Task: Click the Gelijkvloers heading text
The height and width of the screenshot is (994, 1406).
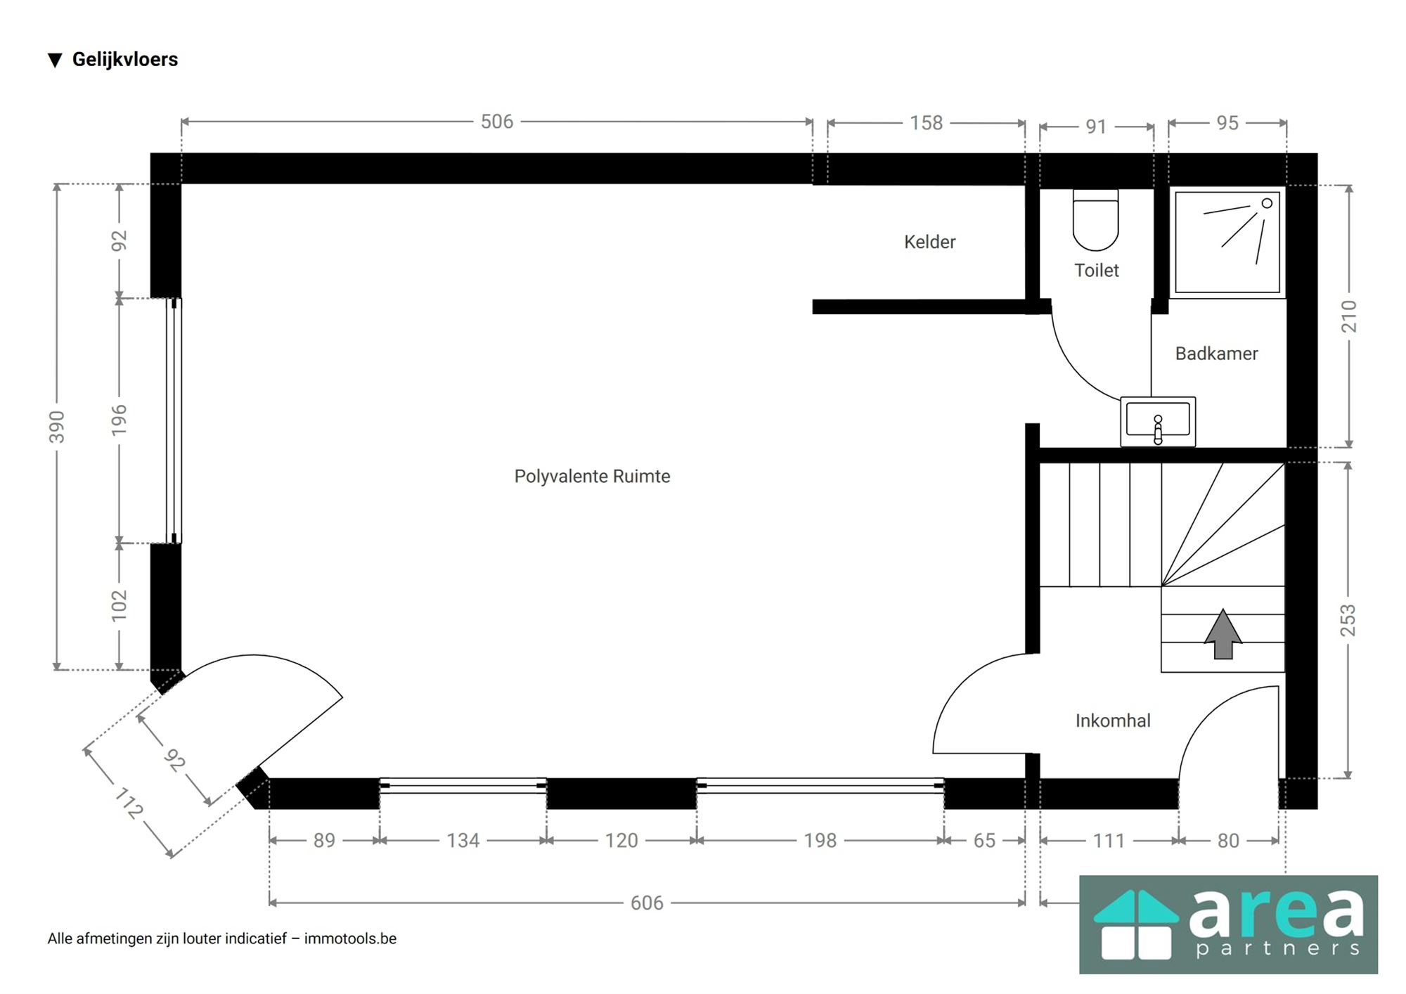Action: (125, 60)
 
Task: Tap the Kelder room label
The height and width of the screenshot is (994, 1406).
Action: (929, 242)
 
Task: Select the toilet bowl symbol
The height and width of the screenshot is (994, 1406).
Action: (1095, 220)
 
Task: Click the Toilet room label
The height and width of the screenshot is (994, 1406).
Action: (1096, 270)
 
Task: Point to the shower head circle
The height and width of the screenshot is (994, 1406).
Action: (1267, 203)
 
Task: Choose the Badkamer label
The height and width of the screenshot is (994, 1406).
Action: (1216, 354)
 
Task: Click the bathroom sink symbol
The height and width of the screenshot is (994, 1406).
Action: (1158, 421)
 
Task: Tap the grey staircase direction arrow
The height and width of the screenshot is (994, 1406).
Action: (1223, 633)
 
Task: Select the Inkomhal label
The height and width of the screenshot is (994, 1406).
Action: (1113, 721)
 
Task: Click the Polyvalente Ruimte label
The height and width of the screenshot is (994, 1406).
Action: (592, 477)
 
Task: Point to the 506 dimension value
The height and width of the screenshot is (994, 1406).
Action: (497, 122)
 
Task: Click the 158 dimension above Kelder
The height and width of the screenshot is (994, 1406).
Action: (926, 123)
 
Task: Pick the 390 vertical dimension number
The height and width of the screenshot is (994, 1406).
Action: (57, 427)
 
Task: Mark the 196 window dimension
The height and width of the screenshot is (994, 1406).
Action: (120, 420)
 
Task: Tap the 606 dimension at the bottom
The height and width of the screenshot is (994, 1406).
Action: (647, 903)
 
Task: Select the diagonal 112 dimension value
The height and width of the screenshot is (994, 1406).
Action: (129, 803)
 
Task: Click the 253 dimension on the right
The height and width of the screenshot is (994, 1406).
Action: (1348, 620)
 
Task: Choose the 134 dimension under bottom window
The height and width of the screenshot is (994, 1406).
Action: (463, 840)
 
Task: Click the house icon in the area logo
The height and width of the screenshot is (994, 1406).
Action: (1136, 924)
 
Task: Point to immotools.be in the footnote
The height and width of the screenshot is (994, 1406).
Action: (350, 938)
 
